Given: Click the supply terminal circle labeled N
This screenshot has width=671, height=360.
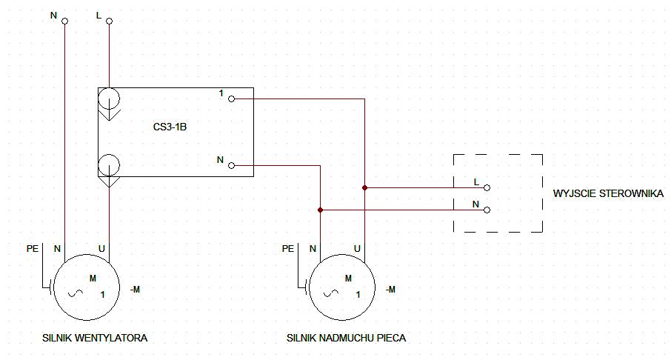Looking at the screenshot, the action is (65, 21).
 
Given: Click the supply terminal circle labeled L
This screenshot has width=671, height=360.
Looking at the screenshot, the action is (109, 21).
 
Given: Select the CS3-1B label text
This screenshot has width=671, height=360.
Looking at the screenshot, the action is (170, 127).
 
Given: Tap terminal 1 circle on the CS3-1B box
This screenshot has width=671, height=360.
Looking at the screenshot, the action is (232, 99).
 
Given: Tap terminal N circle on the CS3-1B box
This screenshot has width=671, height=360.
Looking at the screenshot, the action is (232, 165).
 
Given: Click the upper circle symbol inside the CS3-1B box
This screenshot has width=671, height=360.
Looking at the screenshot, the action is (109, 99).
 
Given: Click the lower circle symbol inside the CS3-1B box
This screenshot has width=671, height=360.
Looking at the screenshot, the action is (109, 165).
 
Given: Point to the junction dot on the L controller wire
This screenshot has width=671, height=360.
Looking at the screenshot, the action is (364, 187).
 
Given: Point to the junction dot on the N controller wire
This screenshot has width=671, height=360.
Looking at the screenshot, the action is (320, 210).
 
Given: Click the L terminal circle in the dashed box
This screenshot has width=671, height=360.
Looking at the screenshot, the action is (487, 187).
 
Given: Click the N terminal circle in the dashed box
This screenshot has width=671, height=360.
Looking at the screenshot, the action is (487, 210).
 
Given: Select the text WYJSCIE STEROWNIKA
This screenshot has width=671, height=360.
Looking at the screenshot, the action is (608, 193).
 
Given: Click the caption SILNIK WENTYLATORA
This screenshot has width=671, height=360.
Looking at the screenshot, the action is (95, 338).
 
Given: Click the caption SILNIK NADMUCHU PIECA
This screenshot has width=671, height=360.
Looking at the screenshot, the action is (346, 338).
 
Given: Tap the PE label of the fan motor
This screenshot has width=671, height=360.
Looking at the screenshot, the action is (33, 248).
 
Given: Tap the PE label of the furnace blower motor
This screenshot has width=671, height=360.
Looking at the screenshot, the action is (288, 248).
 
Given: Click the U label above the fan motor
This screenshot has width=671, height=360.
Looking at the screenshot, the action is (101, 248).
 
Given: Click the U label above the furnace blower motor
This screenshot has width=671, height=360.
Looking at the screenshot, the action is (357, 248).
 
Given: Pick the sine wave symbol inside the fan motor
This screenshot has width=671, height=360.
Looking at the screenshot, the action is (76, 293).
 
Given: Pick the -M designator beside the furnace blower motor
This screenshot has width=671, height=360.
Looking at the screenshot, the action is (390, 290).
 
